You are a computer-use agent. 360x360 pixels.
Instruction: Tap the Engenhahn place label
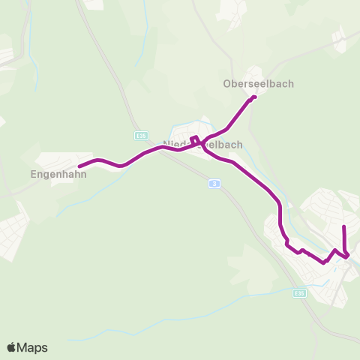click(x=58, y=174)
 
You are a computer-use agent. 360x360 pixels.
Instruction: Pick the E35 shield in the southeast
click(x=299, y=293)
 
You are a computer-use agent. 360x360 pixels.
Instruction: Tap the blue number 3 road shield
click(x=214, y=184)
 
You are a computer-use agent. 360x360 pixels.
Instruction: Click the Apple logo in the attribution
click(x=11, y=347)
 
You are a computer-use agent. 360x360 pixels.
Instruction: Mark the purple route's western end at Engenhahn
click(x=79, y=166)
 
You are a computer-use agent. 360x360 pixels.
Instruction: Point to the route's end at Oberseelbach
click(x=255, y=97)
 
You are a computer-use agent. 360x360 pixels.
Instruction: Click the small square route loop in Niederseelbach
click(x=194, y=139)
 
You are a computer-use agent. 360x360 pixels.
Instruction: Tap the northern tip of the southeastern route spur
click(x=343, y=226)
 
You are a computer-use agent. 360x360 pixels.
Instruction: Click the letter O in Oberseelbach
click(x=227, y=84)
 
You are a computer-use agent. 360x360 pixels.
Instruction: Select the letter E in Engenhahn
click(x=34, y=174)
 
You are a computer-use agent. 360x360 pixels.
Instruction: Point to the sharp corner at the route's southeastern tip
click(x=348, y=257)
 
